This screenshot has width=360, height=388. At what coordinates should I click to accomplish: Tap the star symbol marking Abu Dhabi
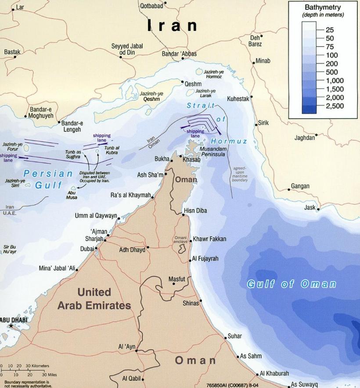(11, 326)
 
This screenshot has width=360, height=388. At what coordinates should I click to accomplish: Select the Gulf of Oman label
(291, 284)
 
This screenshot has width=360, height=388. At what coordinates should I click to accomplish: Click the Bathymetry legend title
(323, 8)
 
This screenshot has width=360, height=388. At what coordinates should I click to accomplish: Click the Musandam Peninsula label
(212, 152)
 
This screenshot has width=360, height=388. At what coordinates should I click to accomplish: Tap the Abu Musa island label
(72, 195)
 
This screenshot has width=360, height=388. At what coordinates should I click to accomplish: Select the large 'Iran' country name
(172, 25)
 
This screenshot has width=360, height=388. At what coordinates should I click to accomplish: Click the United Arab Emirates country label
(94, 298)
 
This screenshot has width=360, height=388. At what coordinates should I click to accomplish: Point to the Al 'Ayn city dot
(137, 351)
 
